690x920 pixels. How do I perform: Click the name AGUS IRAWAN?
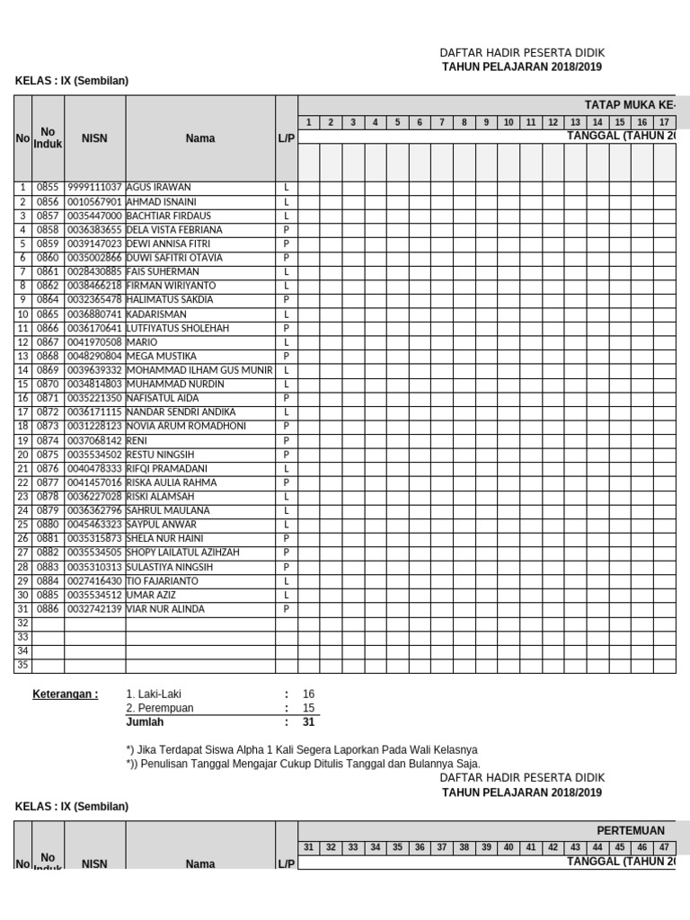click(x=159, y=188)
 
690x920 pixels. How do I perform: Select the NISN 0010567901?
click(x=94, y=201)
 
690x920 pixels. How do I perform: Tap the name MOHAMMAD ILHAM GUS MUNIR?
click(x=199, y=370)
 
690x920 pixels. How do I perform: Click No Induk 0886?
click(x=48, y=608)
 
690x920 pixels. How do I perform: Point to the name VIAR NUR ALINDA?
click(x=165, y=608)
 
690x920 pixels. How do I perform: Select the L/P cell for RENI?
click(x=286, y=440)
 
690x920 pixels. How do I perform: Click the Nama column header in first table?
click(x=199, y=138)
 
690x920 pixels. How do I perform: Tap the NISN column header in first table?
click(x=94, y=138)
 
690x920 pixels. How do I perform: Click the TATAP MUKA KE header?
click(x=629, y=105)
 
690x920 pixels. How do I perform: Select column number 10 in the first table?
click(x=508, y=122)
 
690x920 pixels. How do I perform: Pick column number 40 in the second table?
click(x=508, y=846)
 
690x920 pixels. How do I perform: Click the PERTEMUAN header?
click(x=631, y=830)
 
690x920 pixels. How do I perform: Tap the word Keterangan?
click(x=66, y=694)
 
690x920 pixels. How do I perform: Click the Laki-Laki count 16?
click(x=308, y=694)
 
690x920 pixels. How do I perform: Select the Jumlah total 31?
click(x=308, y=721)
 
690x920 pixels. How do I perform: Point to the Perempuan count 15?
click(x=308, y=708)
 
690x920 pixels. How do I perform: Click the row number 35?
click(x=23, y=665)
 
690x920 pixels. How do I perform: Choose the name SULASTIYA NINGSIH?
click(x=170, y=567)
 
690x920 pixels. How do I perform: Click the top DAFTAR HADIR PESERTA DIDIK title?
click(x=522, y=53)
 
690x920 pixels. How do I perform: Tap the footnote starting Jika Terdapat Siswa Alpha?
click(x=302, y=749)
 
